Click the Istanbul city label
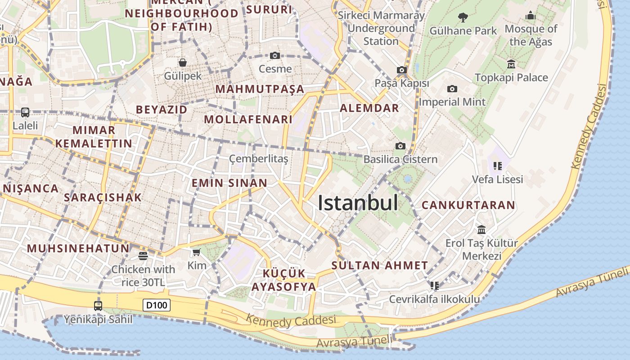click(358, 203)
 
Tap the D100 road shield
click(157, 305)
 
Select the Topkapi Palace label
click(512, 77)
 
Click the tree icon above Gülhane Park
click(463, 18)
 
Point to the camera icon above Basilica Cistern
click(400, 146)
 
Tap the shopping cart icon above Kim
click(197, 252)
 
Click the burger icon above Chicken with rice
click(143, 256)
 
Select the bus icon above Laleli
click(25, 112)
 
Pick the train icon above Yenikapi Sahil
click(98, 306)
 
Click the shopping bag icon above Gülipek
click(183, 62)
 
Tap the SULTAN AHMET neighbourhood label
click(380, 265)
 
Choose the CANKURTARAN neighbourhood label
click(468, 205)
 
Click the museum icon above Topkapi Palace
click(511, 64)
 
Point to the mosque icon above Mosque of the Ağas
click(531, 16)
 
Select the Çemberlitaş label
click(258, 159)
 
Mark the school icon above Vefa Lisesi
click(497, 166)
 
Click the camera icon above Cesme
click(275, 56)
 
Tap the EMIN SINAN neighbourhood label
click(229, 183)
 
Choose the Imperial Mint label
click(452, 102)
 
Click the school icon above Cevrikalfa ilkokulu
click(434, 285)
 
